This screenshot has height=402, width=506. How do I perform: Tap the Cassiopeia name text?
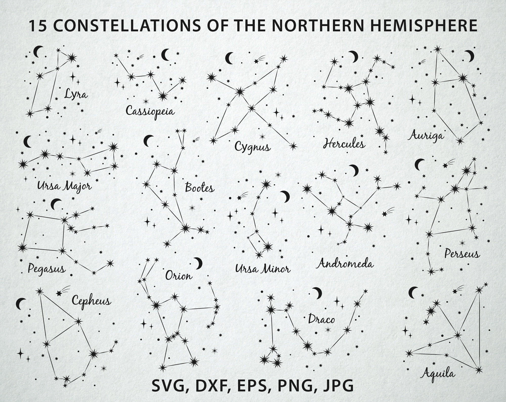coord(150,111)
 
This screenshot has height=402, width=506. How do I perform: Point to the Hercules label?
coord(344,144)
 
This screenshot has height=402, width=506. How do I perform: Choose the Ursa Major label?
coord(64,186)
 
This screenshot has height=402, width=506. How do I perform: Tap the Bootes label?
coord(200,188)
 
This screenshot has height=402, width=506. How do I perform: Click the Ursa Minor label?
coord(262,269)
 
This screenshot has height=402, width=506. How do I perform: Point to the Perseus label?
coord(462,254)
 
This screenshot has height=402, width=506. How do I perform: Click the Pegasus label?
coord(47,268)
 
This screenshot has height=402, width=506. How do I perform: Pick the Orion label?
coord(179,276)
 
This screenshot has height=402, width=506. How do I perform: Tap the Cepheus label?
coord(91,301)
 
